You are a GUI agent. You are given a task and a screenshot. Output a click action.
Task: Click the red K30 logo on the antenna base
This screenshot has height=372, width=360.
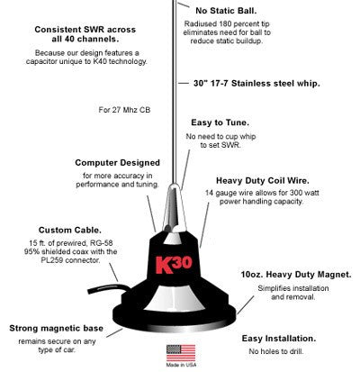click(x=182, y=268)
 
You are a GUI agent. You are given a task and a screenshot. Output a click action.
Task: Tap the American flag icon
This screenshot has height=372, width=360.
click(x=178, y=349)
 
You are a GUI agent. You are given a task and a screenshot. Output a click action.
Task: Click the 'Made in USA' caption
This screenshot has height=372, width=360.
click(x=177, y=366)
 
